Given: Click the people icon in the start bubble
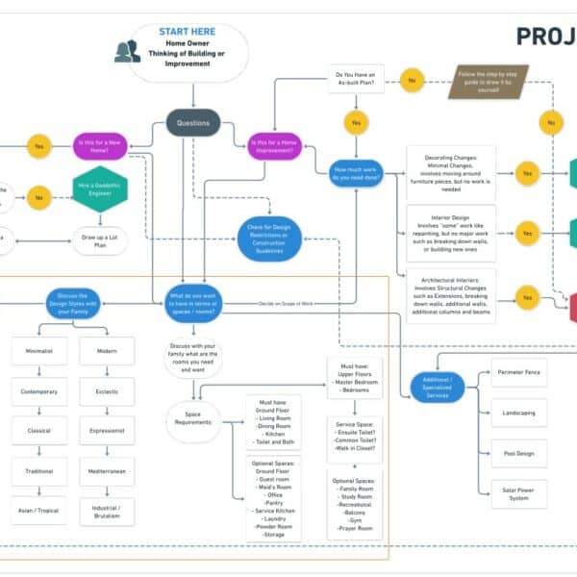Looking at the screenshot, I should click(127, 51).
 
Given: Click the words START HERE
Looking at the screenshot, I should click(187, 32).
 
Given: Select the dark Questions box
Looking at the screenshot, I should click(193, 123).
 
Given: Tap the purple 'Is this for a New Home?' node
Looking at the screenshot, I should click(100, 146).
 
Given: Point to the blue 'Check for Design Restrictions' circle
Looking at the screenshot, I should click(269, 238).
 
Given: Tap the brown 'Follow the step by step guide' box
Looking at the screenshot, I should click(488, 81).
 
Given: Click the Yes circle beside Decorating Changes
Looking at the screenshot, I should click(527, 173).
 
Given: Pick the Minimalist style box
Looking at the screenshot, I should click(39, 352).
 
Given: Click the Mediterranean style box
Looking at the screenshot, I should click(107, 471).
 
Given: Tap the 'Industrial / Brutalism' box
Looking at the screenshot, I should click(107, 511).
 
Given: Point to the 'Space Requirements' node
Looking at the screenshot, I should click(194, 421).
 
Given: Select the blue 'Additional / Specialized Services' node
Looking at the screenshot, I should click(438, 385).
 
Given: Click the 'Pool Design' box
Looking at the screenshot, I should click(518, 452).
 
